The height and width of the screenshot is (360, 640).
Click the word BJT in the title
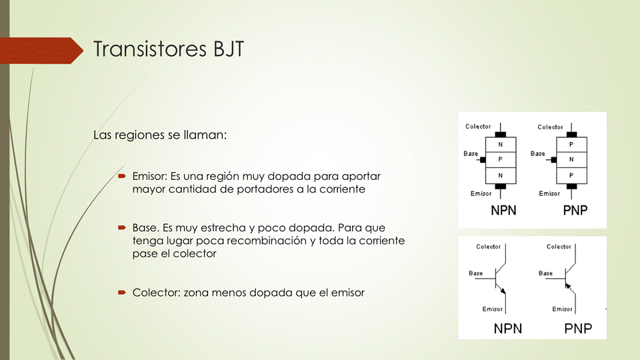pyautogui.click(x=229, y=49)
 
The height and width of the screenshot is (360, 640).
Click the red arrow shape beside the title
pyautogui.click(x=41, y=51)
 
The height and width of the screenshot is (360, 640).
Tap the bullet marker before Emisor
pyautogui.click(x=121, y=176)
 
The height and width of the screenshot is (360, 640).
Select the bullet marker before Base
pyautogui.click(x=121, y=228)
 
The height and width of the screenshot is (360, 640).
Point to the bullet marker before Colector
pyautogui.click(x=121, y=293)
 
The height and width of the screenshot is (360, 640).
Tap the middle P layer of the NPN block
pyautogui.click(x=501, y=159)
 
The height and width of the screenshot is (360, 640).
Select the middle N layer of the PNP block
pyautogui.click(x=571, y=159)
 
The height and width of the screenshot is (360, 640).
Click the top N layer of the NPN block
pyautogui.click(x=501, y=145)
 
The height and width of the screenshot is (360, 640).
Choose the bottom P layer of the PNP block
pyautogui.click(x=571, y=175)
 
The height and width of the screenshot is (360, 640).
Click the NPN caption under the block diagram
pyautogui.click(x=504, y=211)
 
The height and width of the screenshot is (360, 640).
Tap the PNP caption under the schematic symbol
pyautogui.click(x=578, y=329)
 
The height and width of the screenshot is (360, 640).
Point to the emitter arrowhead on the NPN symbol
pyautogui.click(x=503, y=291)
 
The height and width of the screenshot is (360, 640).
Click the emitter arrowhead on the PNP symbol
pyautogui.click(x=568, y=285)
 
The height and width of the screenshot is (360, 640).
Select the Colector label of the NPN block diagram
pyautogui.click(x=478, y=127)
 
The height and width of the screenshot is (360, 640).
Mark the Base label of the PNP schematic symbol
pyautogui.click(x=546, y=273)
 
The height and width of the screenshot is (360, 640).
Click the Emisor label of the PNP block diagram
pyautogui.click(x=549, y=193)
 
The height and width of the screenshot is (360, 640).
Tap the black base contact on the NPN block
pyautogui.click(x=483, y=159)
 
